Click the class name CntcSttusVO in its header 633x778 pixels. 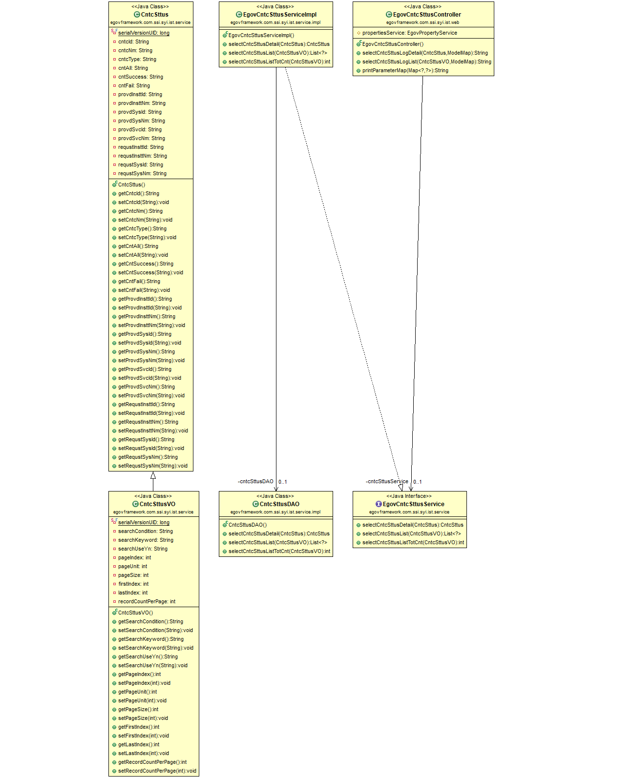pos(157,504)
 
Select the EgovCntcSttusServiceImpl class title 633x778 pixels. pos(279,15)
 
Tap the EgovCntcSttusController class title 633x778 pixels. pos(427,15)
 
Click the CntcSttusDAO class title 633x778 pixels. pos(279,504)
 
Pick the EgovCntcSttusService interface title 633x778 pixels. pos(413,504)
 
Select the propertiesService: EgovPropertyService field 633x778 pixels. pos(409,33)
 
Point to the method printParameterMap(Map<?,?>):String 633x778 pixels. pos(405,70)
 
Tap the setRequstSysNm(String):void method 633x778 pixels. pos(152,466)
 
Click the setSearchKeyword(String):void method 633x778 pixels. pos(155,648)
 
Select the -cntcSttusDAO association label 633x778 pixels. pos(255,481)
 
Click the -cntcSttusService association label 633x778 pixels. pos(387,481)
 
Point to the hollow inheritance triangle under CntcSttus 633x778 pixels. pos(153,475)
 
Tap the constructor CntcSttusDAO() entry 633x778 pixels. pos(247,525)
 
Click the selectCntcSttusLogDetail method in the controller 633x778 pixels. pos(425,53)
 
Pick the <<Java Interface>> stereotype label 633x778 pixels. pos(409,496)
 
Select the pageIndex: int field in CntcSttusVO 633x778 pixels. pos(134,557)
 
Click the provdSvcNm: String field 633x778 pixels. pos(141,138)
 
